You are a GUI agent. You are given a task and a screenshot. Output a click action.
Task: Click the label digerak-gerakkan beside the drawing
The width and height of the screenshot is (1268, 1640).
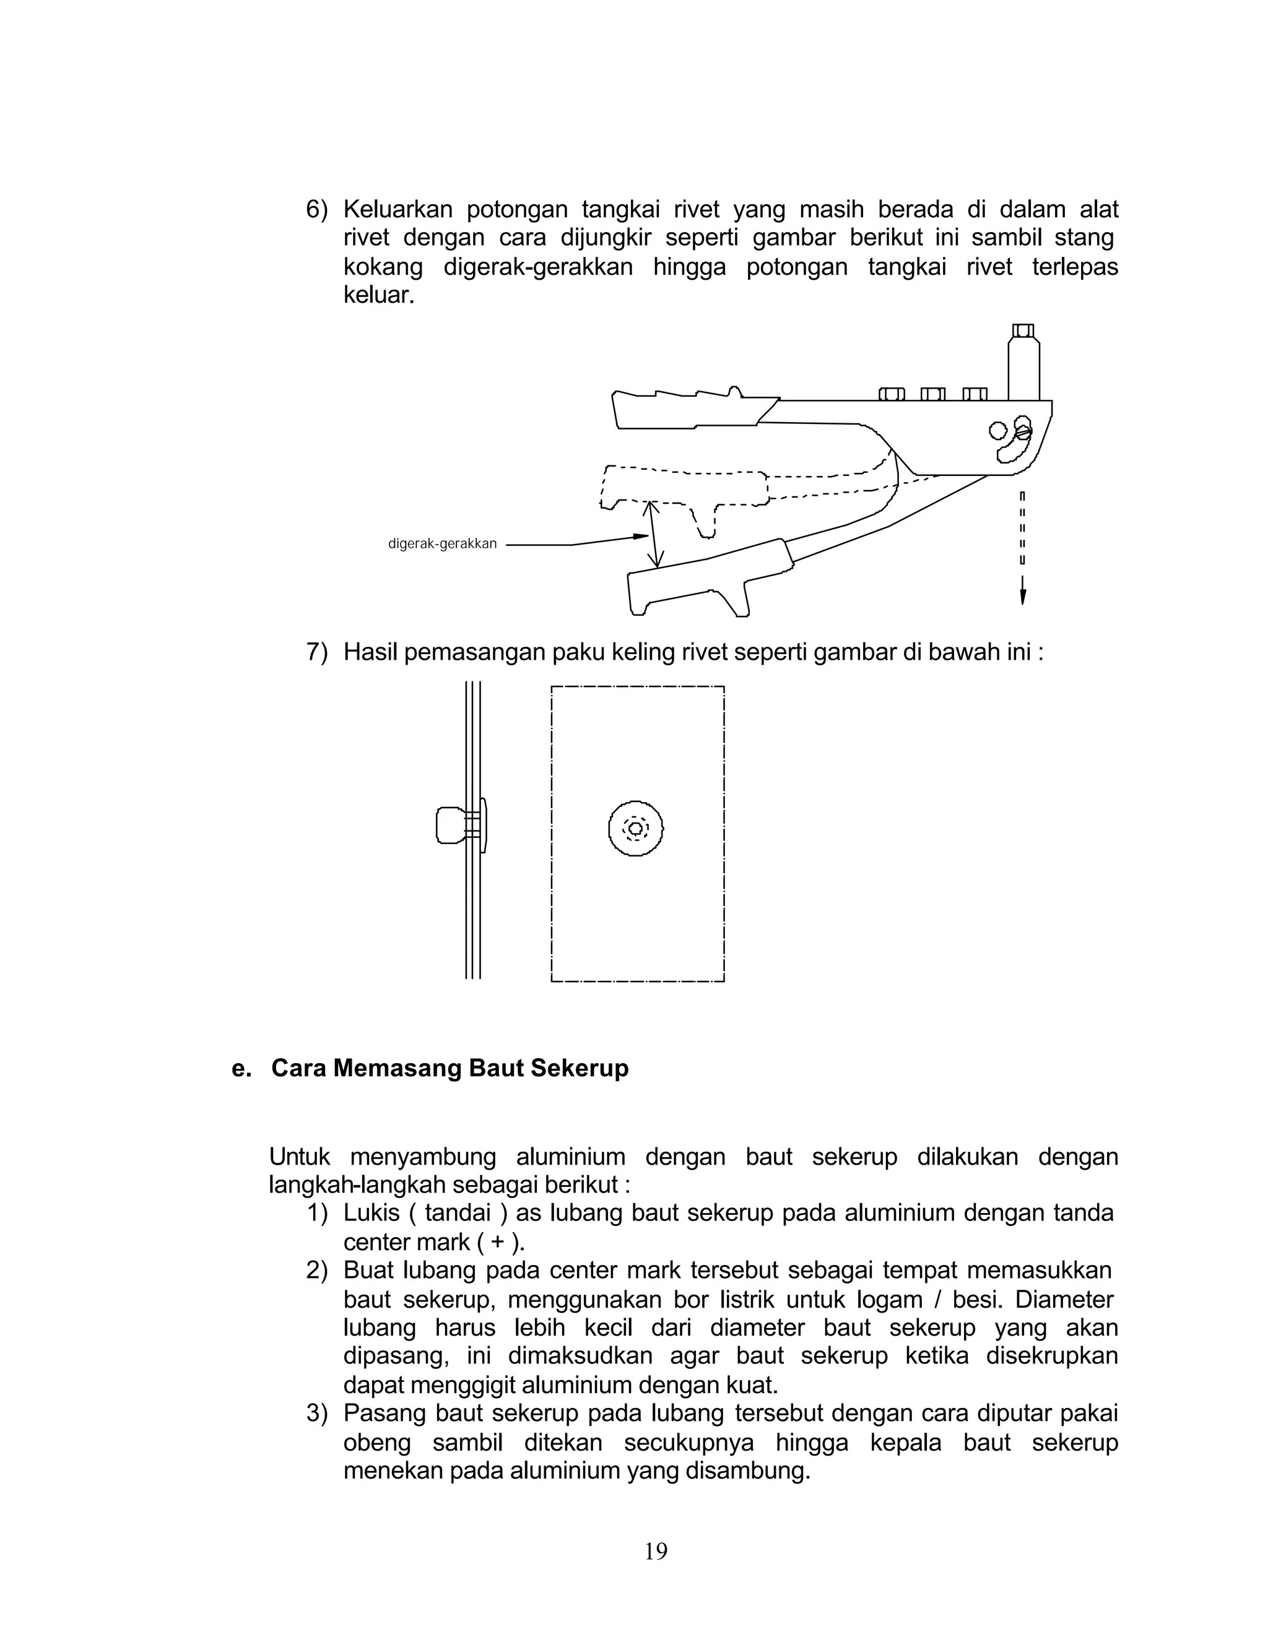pyautogui.click(x=443, y=543)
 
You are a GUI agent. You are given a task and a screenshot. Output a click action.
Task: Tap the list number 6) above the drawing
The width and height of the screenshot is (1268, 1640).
pyautogui.click(x=316, y=210)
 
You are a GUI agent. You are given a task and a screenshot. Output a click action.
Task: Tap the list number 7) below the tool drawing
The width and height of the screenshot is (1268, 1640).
pyautogui.click(x=316, y=652)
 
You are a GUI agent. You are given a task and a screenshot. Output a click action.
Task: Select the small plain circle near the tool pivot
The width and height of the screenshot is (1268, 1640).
pyautogui.click(x=997, y=430)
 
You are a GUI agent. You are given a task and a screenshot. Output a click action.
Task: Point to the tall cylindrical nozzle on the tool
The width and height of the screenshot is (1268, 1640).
pyautogui.click(x=1023, y=368)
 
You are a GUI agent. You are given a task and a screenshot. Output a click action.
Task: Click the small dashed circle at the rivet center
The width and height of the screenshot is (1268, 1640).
pyautogui.click(x=635, y=828)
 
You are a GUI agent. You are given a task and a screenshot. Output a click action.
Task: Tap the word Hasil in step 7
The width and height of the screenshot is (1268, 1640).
pyautogui.click(x=370, y=652)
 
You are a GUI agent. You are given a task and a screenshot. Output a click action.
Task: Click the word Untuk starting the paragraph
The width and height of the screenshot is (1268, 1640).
pyautogui.click(x=299, y=1157)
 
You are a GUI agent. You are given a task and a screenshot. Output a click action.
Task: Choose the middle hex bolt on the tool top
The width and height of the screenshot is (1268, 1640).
pyautogui.click(x=932, y=394)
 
